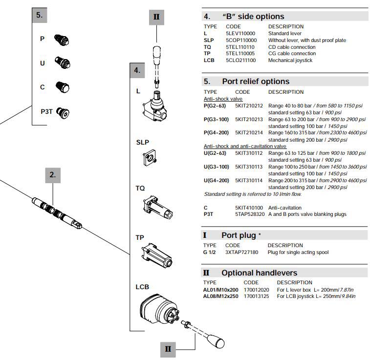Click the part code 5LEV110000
[x=240, y=33]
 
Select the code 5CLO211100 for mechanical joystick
[x=240, y=61]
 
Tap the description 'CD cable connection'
[x=292, y=47]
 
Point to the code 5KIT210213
[x=249, y=119]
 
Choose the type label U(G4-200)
[x=216, y=180]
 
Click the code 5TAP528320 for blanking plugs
[x=249, y=214]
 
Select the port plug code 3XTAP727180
[x=241, y=252]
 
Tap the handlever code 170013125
[x=256, y=296]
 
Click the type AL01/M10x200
[x=220, y=289]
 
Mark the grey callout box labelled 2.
[x=53, y=174]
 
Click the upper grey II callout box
[x=156, y=18]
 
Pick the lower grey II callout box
[x=168, y=349]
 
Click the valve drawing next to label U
[x=63, y=63]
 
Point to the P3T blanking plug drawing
[x=62, y=112]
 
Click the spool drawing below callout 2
[x=57, y=212]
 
